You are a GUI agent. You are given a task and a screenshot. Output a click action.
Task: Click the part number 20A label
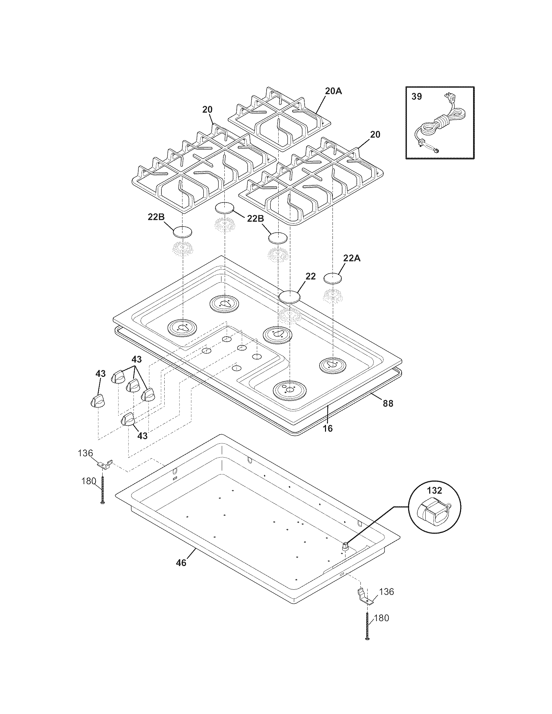coord(333,91)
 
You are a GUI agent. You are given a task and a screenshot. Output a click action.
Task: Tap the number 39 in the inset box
coord(417,97)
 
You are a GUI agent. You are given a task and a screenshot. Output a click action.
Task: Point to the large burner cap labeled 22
coord(289,297)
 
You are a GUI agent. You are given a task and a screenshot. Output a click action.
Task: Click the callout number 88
coord(388,404)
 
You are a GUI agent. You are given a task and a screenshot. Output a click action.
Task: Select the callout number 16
coord(328,428)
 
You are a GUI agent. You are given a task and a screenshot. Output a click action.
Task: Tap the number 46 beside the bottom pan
coord(181,563)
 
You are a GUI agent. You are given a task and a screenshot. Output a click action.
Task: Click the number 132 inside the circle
coord(434,490)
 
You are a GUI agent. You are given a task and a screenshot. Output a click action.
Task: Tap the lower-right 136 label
coord(386,592)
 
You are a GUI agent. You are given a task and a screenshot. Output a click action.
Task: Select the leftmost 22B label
coord(156,217)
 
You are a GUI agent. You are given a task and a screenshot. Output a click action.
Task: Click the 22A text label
coord(352,258)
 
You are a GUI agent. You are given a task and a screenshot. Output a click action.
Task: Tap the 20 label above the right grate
coord(375,134)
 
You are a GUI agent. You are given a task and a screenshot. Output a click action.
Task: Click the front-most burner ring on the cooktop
coord(289,390)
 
